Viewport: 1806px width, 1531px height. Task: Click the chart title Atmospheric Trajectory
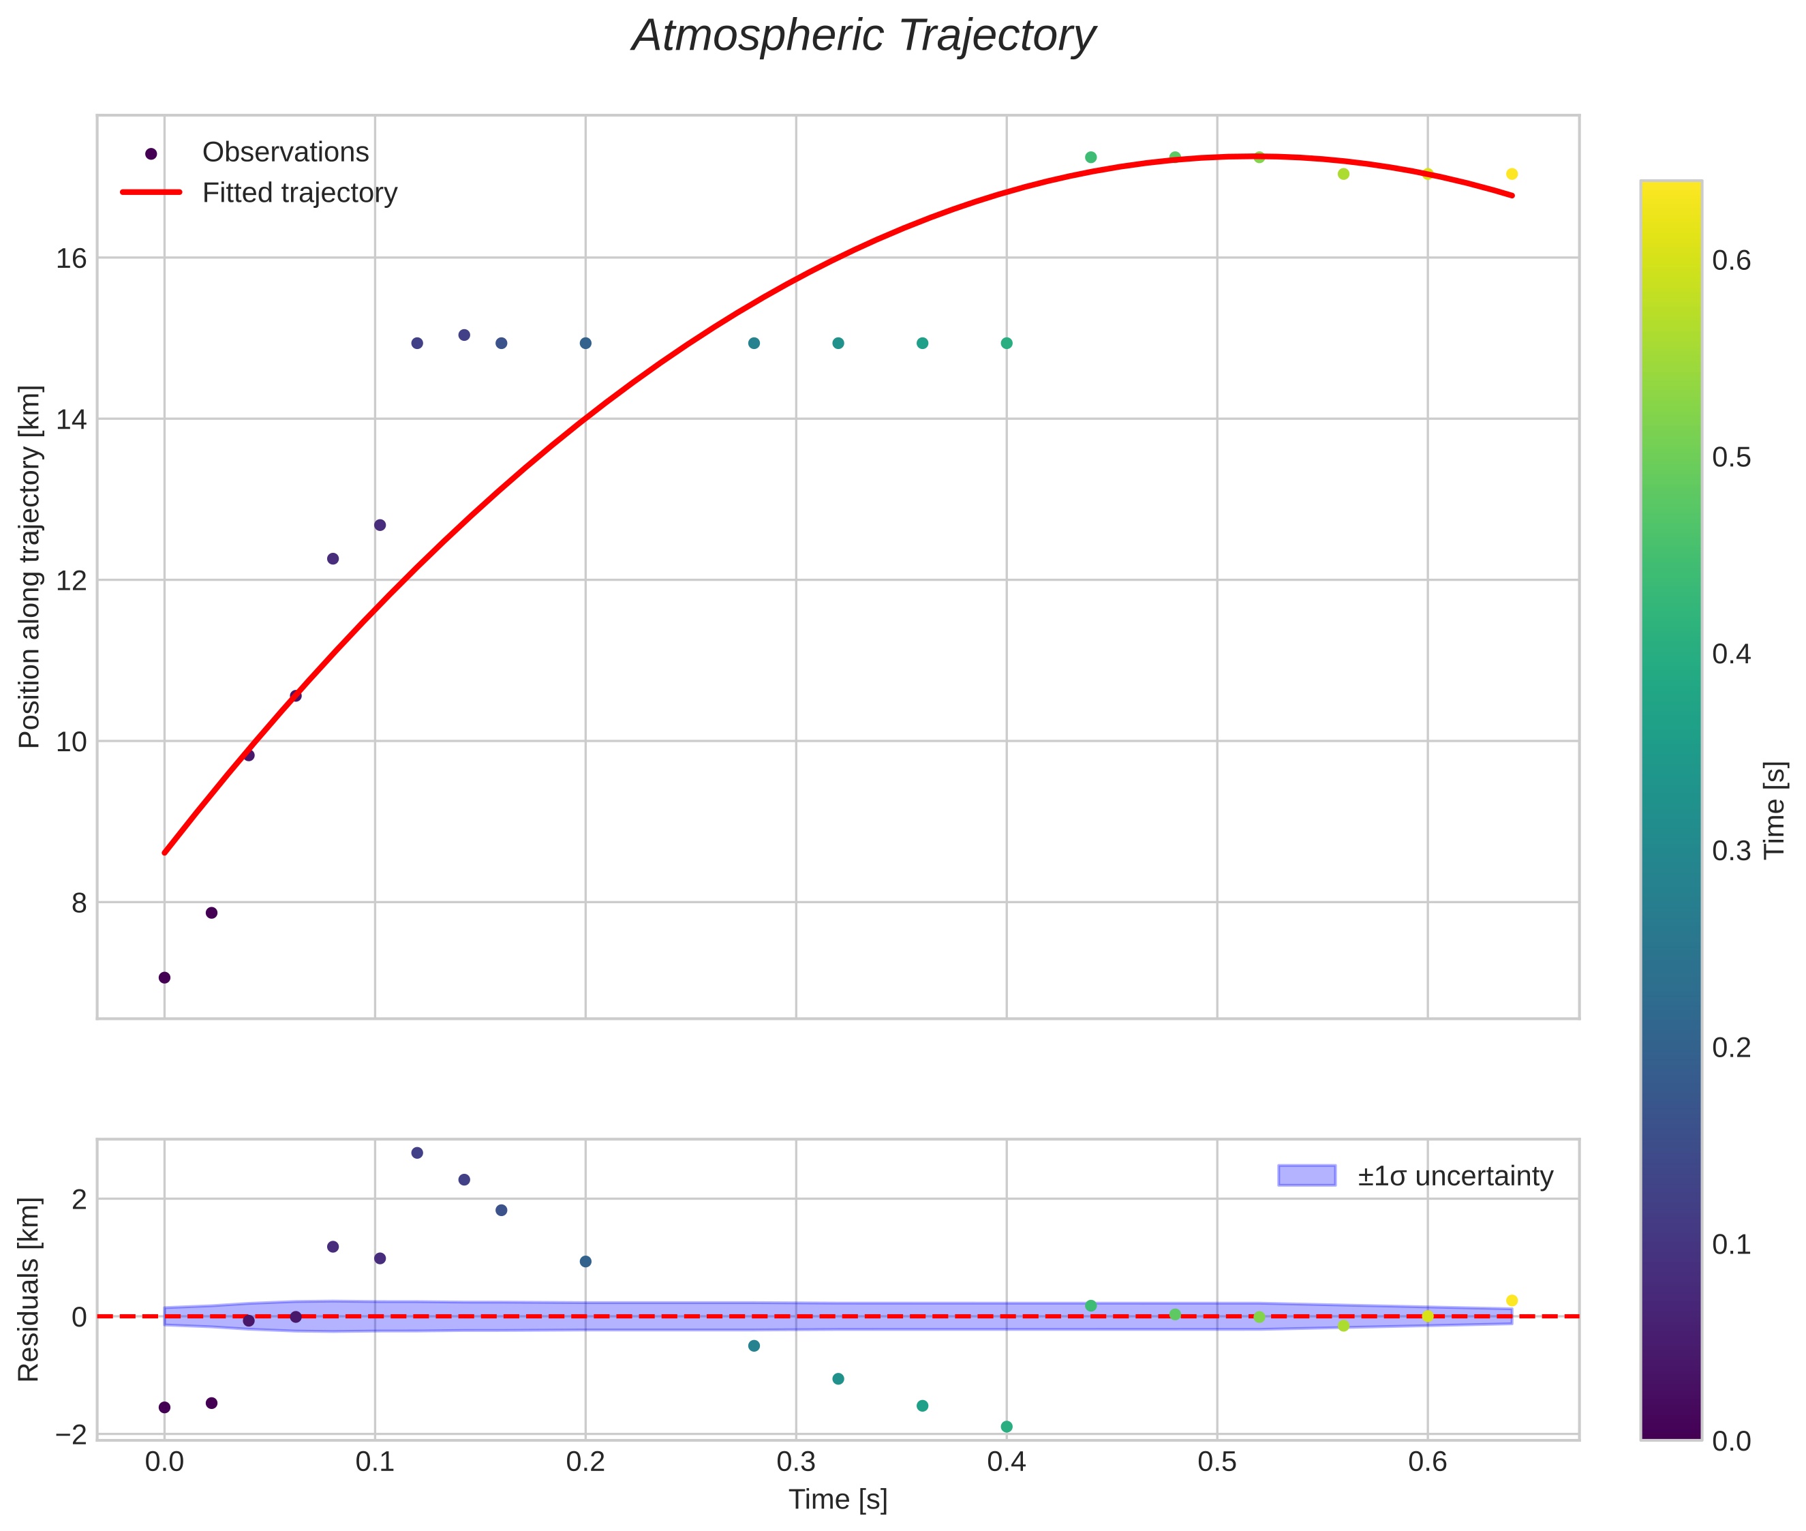coord(863,36)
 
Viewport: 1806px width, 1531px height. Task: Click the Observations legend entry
coord(285,153)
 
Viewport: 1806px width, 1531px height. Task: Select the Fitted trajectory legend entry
coord(299,193)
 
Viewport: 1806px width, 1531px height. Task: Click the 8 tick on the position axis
coord(79,903)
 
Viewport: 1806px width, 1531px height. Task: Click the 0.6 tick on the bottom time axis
coord(1428,1462)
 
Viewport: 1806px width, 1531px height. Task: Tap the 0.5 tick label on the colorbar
coord(1731,457)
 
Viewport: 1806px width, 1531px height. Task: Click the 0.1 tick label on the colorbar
coord(1731,1245)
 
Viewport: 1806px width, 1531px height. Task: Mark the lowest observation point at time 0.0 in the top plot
coord(164,978)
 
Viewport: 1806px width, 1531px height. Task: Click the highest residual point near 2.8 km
coord(416,1153)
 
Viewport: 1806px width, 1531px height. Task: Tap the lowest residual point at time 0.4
coord(1007,1427)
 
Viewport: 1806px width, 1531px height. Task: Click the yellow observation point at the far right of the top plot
coord(1512,175)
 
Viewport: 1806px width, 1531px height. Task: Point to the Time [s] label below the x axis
coord(838,1500)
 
